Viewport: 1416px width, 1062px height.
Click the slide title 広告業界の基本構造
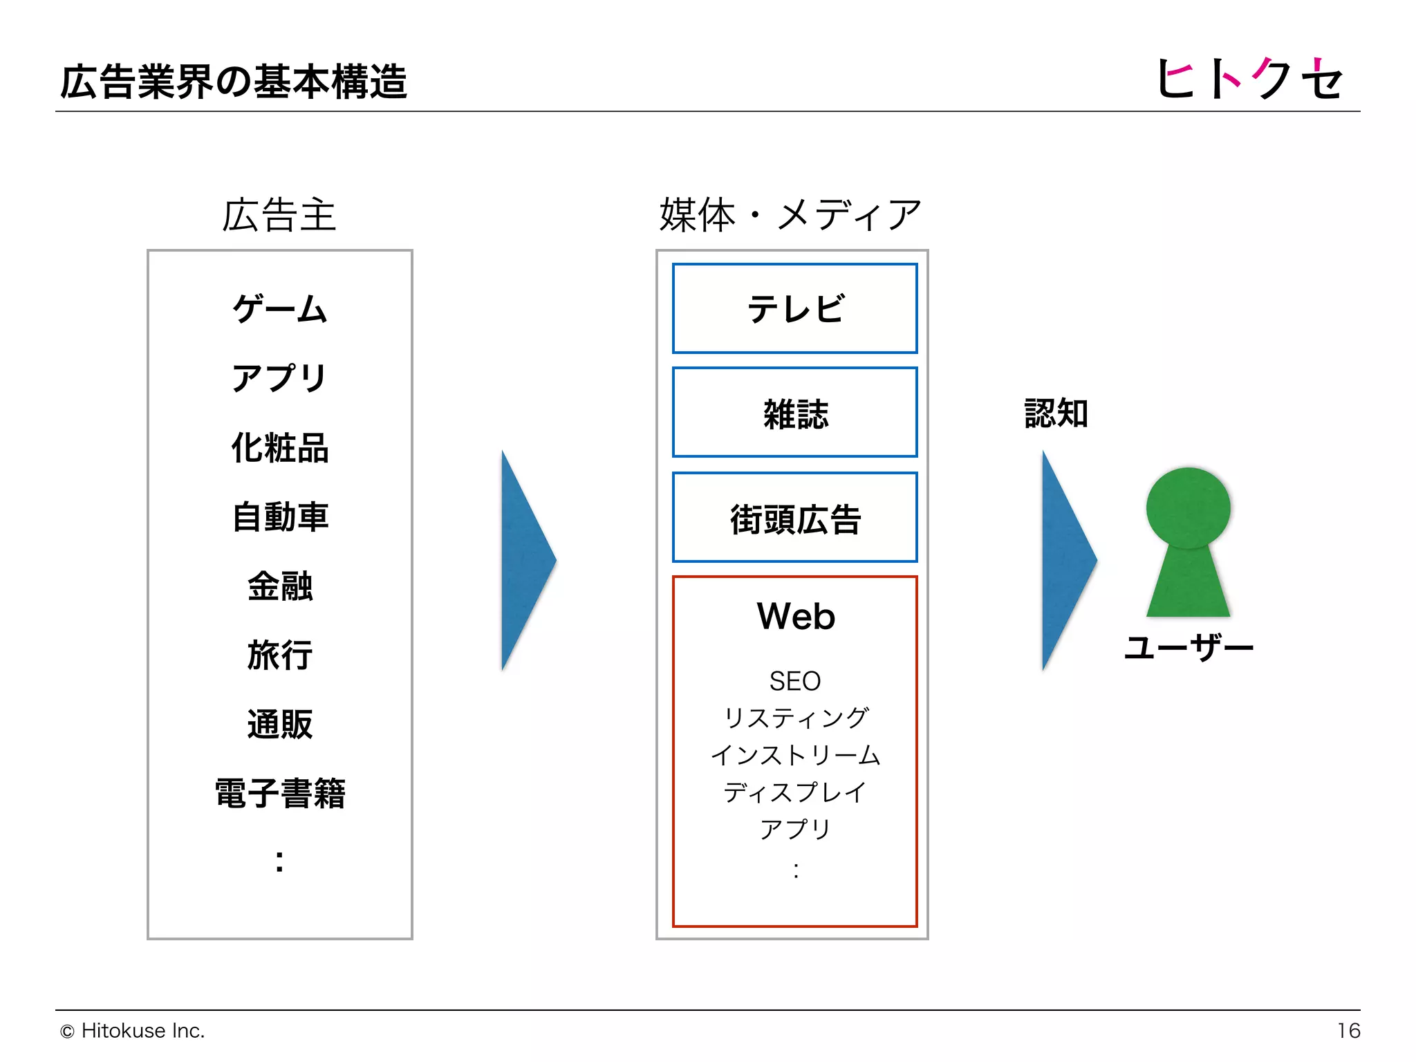pyautogui.click(x=234, y=82)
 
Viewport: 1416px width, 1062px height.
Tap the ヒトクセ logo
pyautogui.click(x=1249, y=77)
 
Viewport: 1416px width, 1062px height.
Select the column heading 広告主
pyautogui.click(x=279, y=215)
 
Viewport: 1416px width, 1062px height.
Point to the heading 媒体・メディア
pyautogui.click(x=790, y=215)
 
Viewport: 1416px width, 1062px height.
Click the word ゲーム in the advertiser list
pyautogui.click(x=279, y=308)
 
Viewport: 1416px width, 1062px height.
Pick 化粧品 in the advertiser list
pyautogui.click(x=279, y=447)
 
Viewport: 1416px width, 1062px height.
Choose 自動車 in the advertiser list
pyautogui.click(x=279, y=516)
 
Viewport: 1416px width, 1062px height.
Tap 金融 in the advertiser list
pyautogui.click(x=279, y=586)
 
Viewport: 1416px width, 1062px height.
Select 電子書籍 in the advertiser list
pyautogui.click(x=279, y=793)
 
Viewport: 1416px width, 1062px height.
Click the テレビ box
pyautogui.click(x=795, y=308)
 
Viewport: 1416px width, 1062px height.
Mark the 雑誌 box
pyautogui.click(x=795, y=413)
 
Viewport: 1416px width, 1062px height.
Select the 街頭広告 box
pyautogui.click(x=795, y=518)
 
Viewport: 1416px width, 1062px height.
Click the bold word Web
pyautogui.click(x=796, y=616)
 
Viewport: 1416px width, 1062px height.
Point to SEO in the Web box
pyautogui.click(x=795, y=681)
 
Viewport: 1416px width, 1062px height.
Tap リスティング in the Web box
pyautogui.click(x=795, y=718)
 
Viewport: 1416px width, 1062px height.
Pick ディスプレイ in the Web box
pyautogui.click(x=795, y=792)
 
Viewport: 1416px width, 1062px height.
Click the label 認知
pyautogui.click(x=1056, y=413)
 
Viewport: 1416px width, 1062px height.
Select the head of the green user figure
pyautogui.click(x=1188, y=508)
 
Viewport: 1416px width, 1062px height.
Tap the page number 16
pyautogui.click(x=1348, y=1031)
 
